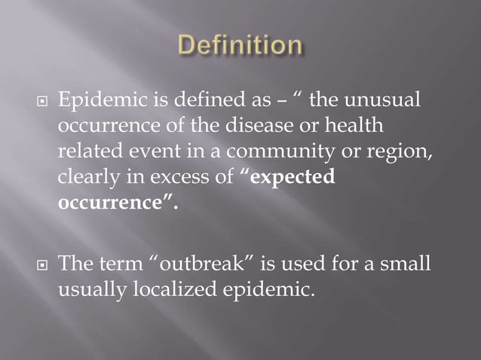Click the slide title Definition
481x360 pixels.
(240, 46)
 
